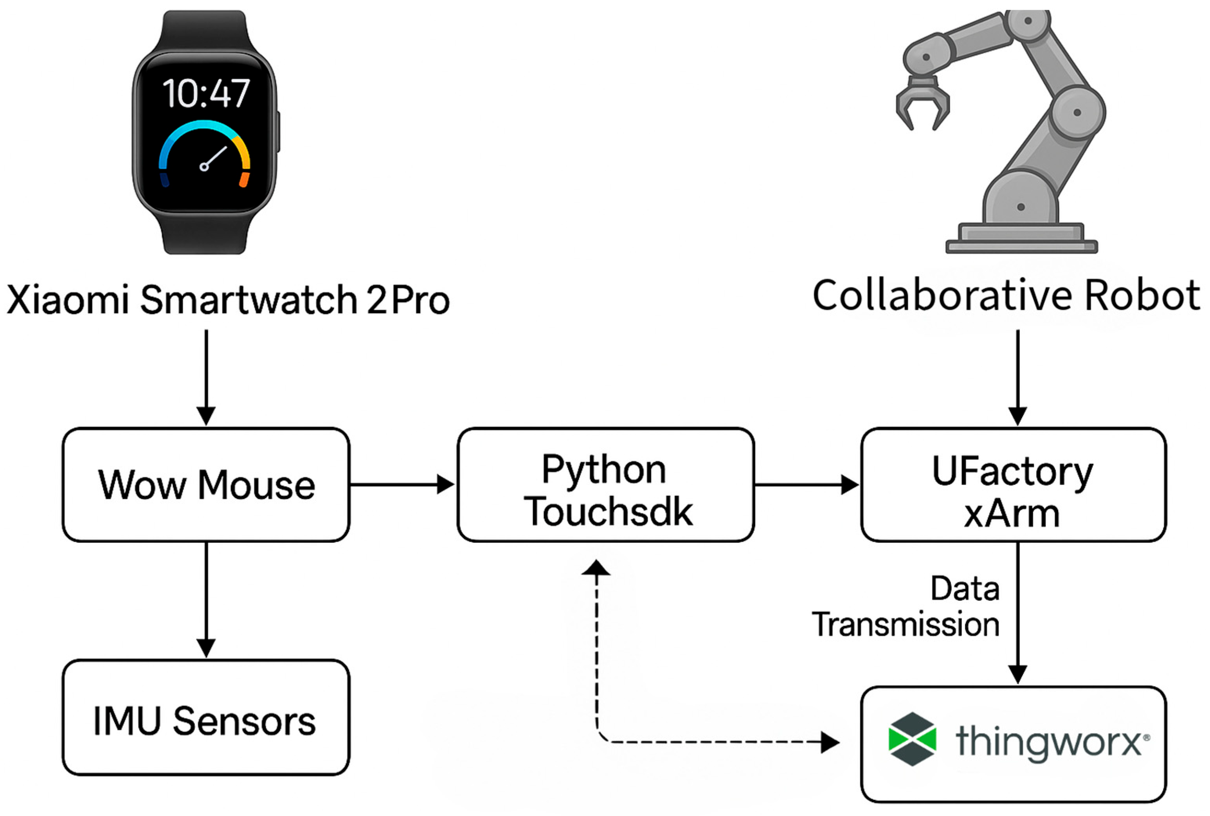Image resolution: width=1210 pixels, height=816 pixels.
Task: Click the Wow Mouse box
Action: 206,485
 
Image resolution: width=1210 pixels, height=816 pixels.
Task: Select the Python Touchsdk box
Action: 605,485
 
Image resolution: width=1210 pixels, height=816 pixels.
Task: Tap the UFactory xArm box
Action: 1012,485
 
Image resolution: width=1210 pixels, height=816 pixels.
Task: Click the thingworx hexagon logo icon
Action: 913,739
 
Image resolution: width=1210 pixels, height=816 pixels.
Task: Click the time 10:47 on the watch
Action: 206,94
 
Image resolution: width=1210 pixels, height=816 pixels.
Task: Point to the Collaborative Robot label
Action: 1006,295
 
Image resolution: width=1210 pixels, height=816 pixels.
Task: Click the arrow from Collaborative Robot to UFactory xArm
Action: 1017,377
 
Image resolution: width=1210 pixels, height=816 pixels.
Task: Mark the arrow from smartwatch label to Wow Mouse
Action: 206,377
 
